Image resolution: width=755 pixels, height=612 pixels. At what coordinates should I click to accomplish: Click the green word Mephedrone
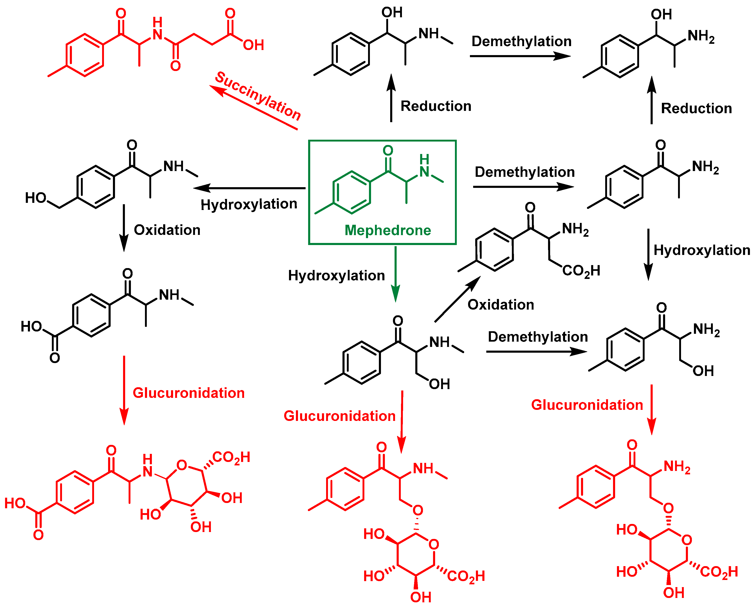point(387,230)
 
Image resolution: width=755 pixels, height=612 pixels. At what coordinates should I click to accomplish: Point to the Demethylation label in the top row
point(521,41)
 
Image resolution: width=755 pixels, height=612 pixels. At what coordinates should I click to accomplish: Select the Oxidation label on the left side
point(167,230)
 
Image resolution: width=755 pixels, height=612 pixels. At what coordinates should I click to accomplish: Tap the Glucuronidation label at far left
point(189,393)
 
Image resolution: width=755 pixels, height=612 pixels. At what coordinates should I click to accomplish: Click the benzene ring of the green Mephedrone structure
point(352,192)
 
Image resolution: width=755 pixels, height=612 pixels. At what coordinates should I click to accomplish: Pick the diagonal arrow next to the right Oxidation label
point(457,299)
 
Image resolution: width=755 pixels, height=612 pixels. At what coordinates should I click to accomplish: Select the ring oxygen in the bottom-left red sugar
point(182,465)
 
